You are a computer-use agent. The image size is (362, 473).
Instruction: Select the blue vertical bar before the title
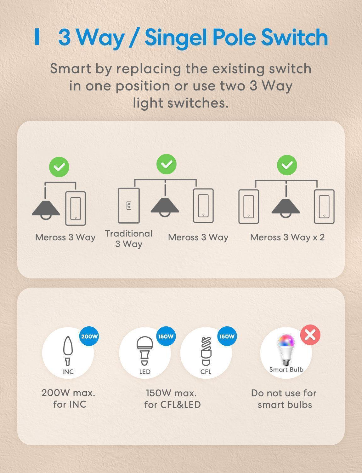click(37, 37)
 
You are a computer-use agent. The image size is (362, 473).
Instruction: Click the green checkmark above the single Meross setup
click(59, 167)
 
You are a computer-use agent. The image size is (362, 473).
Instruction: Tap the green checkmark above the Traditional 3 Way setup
click(167, 164)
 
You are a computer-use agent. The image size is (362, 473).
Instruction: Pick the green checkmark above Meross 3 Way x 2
click(287, 165)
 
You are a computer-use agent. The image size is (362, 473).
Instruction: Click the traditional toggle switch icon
click(129, 206)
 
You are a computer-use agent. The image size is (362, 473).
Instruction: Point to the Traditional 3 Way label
click(129, 239)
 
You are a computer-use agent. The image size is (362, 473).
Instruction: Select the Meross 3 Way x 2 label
click(287, 237)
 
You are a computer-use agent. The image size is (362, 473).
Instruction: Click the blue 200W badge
click(89, 336)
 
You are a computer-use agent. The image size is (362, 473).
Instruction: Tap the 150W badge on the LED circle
click(166, 336)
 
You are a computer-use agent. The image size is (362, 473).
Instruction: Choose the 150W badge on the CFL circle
click(227, 336)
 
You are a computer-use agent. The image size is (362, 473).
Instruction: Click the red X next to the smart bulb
click(310, 335)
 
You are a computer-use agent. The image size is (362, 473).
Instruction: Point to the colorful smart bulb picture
click(286, 350)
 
